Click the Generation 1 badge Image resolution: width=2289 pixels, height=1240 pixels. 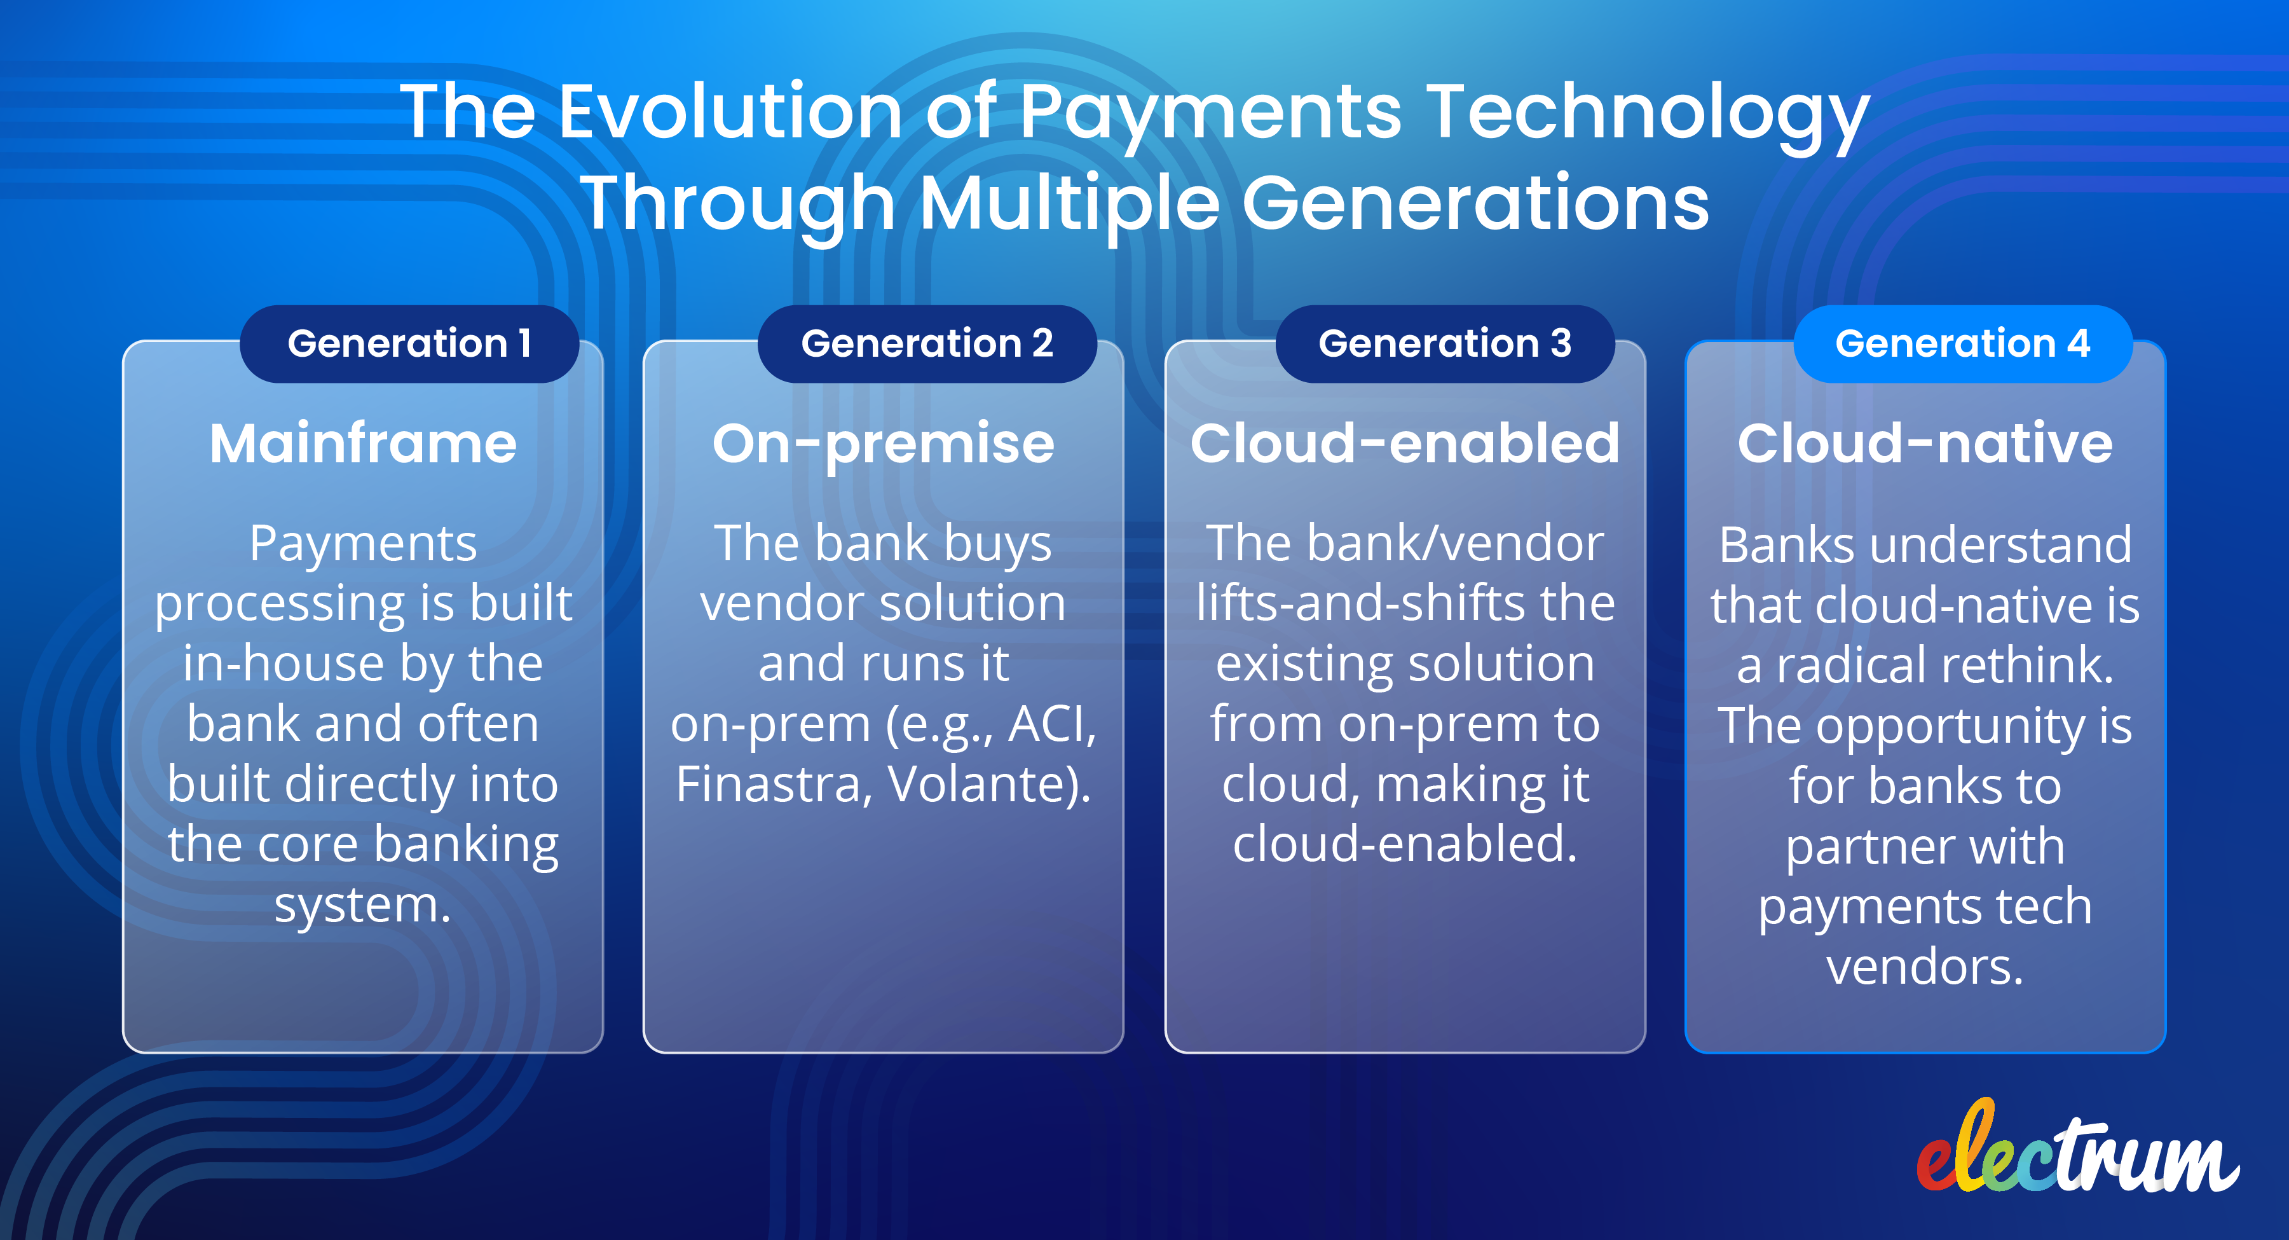click(409, 344)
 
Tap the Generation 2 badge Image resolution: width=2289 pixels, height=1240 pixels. click(927, 344)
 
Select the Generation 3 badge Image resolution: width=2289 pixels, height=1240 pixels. click(1445, 344)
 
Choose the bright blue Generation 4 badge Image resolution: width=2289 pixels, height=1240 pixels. click(1962, 344)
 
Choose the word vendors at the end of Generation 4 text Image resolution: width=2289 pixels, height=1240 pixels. click(1925, 967)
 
